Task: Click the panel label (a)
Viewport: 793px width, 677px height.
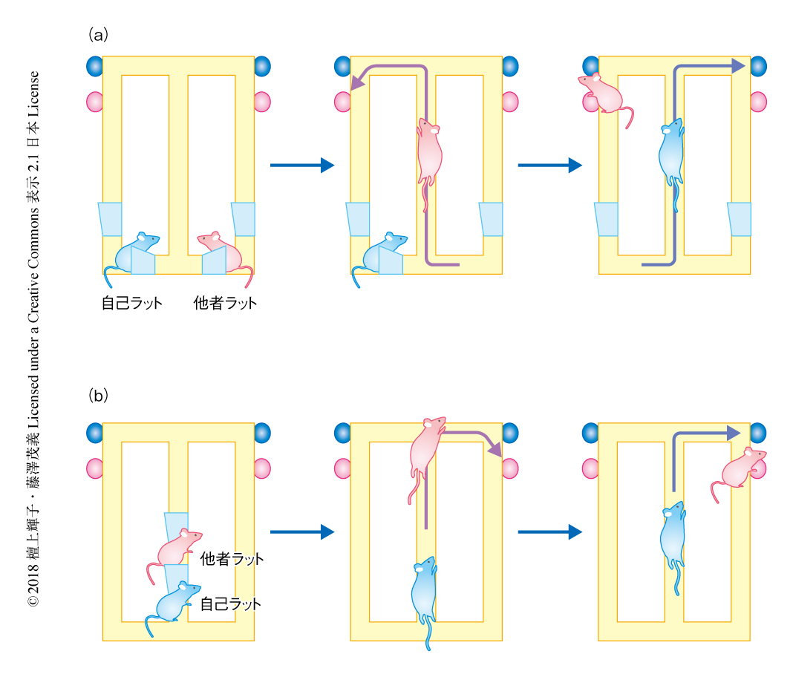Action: pyautogui.click(x=99, y=34)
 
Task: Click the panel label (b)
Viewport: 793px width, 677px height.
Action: pyautogui.click(x=99, y=396)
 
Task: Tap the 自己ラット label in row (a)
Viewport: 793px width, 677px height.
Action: pyautogui.click(x=131, y=303)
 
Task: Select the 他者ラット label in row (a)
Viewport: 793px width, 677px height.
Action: pyautogui.click(x=225, y=303)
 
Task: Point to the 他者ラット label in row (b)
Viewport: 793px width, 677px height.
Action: pyautogui.click(x=232, y=559)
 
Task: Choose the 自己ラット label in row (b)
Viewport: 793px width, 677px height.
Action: pyautogui.click(x=231, y=604)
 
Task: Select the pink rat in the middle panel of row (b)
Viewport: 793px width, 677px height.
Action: pyautogui.click(x=426, y=449)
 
